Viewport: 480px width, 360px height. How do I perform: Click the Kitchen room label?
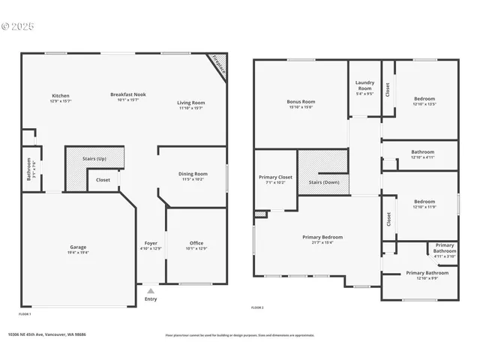(x=61, y=95)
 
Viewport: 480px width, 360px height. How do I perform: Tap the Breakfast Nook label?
(x=128, y=94)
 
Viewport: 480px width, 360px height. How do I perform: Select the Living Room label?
(x=191, y=103)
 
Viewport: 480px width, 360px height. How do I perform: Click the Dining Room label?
(x=193, y=173)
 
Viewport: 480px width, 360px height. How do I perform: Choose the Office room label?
(x=196, y=243)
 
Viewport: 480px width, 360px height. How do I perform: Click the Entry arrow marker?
(x=151, y=291)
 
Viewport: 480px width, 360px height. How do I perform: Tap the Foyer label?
(x=151, y=243)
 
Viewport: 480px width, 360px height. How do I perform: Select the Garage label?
(x=78, y=247)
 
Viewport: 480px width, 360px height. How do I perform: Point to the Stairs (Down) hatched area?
(x=324, y=172)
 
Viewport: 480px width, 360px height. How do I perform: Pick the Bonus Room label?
(x=301, y=101)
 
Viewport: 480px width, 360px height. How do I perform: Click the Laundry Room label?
(x=364, y=85)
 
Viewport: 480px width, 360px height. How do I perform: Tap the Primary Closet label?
(x=275, y=177)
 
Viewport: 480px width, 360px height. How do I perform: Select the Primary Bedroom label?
(x=322, y=237)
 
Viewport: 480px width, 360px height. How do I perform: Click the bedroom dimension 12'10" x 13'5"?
(x=424, y=104)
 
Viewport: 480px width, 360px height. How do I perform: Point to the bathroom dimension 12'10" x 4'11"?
(x=423, y=157)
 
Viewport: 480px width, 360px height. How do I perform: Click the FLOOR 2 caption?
(x=258, y=308)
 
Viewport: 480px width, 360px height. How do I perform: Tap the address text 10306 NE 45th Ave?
(x=46, y=335)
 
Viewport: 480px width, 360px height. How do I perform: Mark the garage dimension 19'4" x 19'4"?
(x=78, y=253)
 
